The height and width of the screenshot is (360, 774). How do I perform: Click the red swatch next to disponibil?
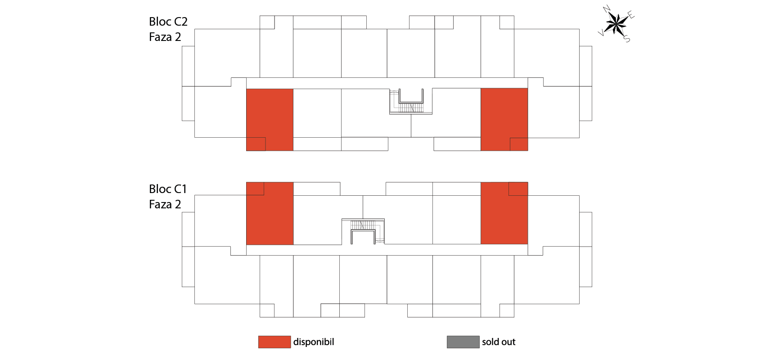tap(274, 342)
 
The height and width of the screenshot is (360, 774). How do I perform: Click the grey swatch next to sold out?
tap(463, 342)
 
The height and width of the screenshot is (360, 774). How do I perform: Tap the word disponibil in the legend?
tap(314, 342)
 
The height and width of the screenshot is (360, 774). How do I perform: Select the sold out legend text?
tap(499, 342)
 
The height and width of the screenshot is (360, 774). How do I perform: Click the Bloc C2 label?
tap(168, 22)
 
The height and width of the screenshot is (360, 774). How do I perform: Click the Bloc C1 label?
tap(167, 189)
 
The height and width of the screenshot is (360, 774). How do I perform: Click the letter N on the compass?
tap(607, 9)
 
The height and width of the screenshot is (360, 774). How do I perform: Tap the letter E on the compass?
tap(631, 16)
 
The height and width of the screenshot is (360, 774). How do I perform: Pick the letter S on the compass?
tap(627, 39)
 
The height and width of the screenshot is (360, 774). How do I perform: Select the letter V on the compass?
tap(601, 32)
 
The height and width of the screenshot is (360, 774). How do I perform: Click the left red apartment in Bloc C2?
tap(270, 120)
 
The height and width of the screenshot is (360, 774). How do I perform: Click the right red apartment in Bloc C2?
tap(504, 119)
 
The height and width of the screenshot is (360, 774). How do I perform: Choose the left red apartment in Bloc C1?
tap(270, 213)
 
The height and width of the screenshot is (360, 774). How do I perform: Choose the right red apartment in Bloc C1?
tap(504, 213)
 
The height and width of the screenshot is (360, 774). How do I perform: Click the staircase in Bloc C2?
tap(411, 102)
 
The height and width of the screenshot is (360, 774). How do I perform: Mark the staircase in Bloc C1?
tap(363, 231)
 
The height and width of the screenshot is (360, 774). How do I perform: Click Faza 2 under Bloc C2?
tap(165, 37)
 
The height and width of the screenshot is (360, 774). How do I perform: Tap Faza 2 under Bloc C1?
tap(165, 204)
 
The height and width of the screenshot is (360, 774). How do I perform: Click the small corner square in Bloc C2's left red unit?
tap(256, 144)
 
